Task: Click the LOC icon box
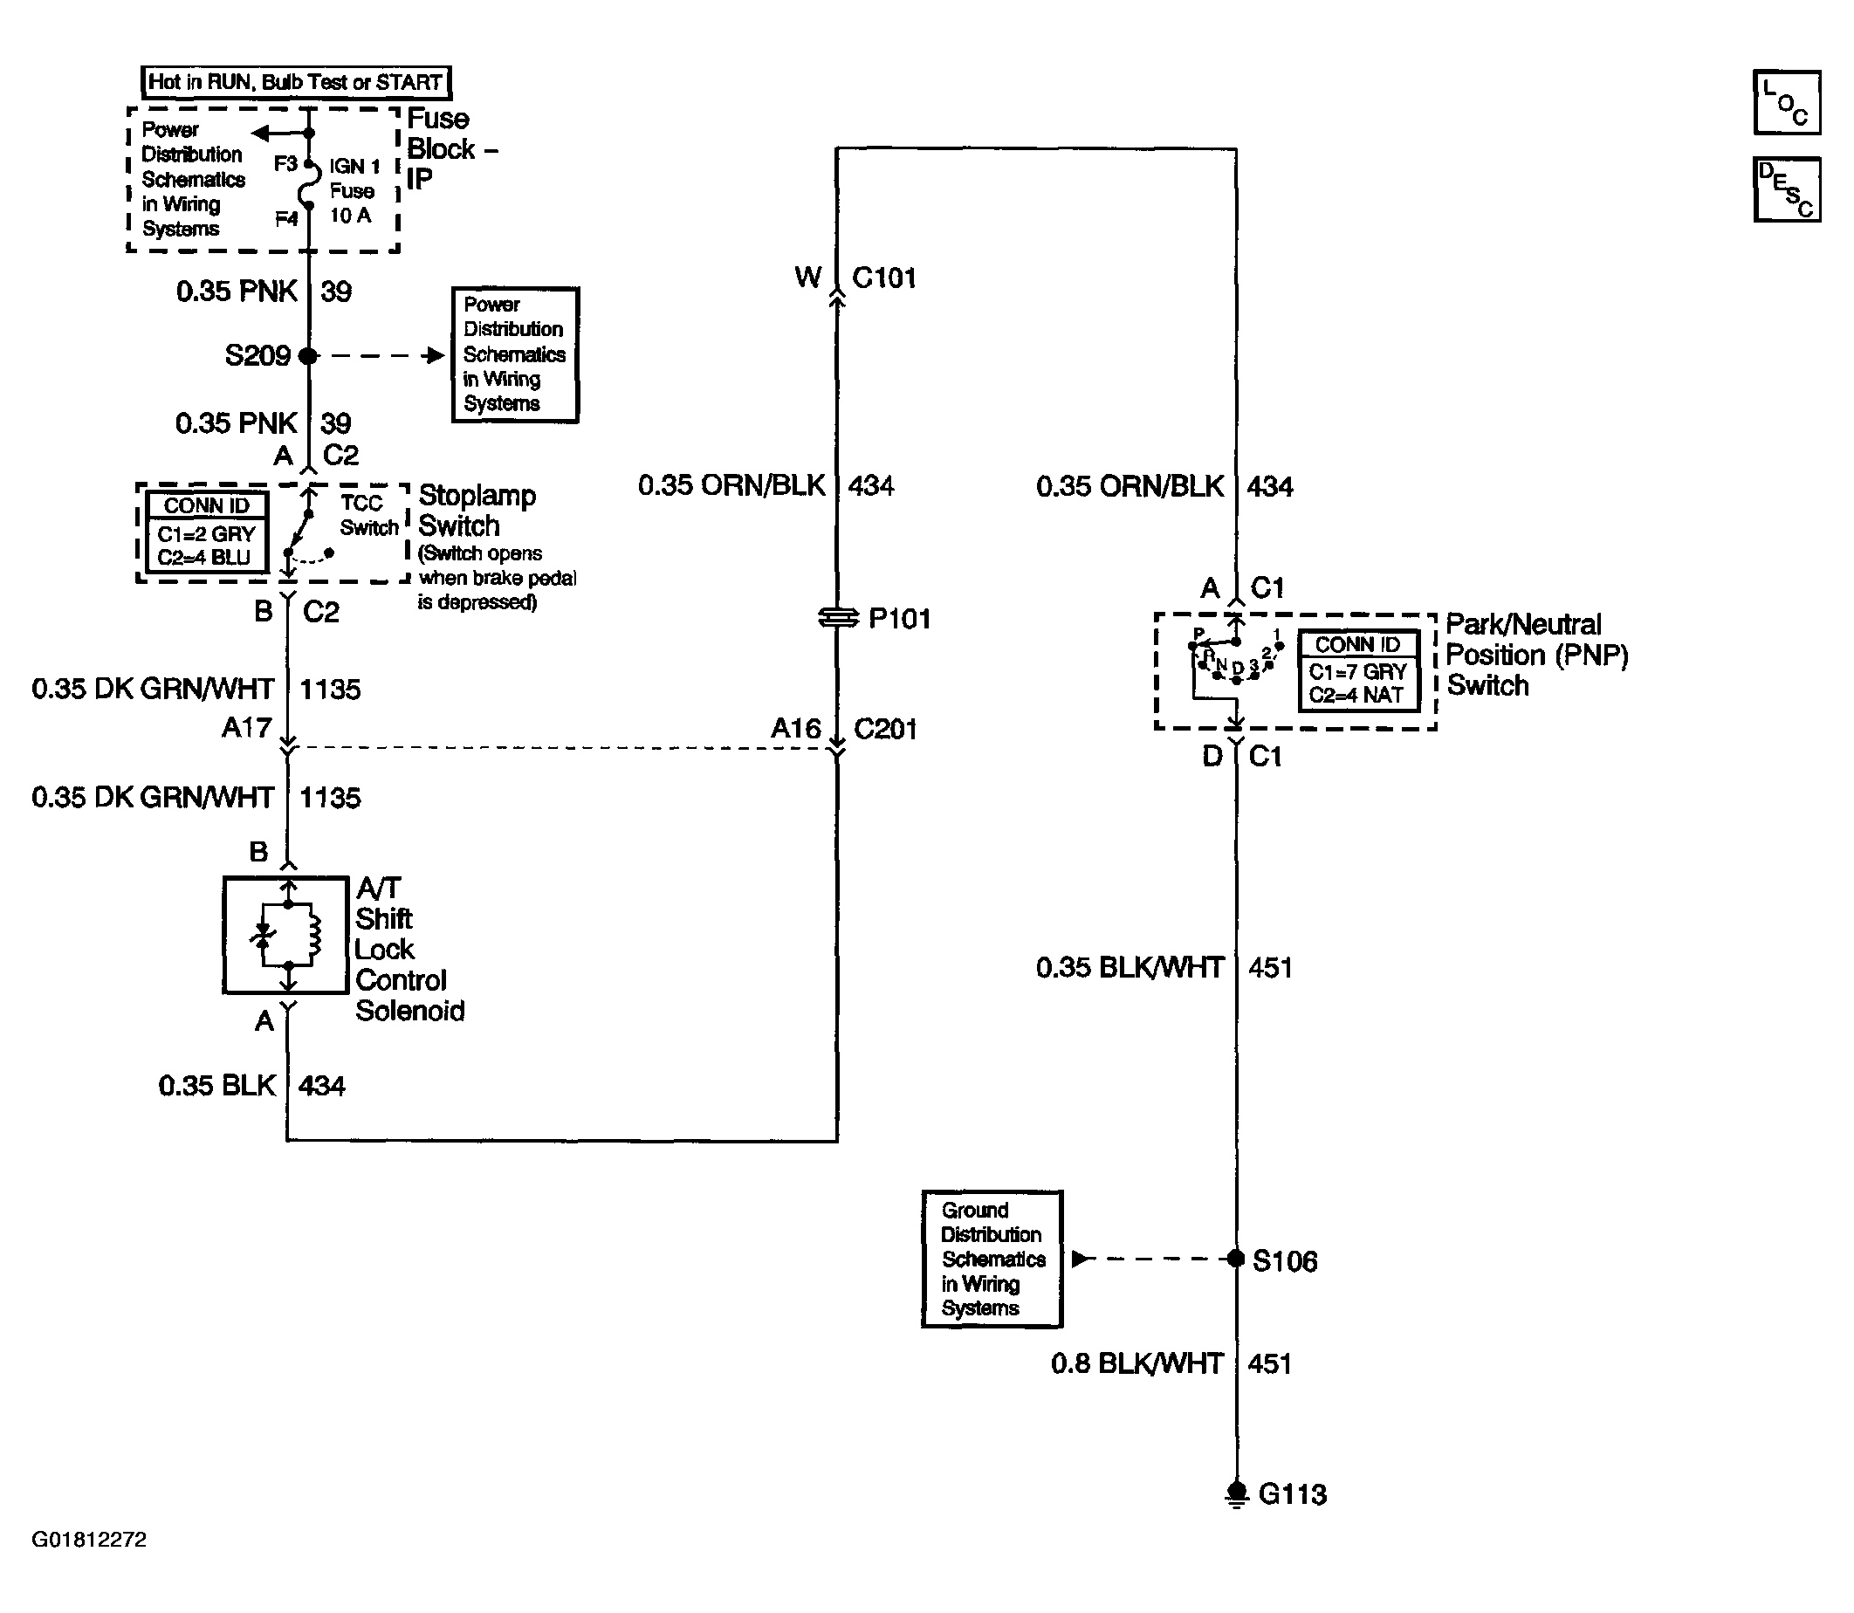pos(1786,103)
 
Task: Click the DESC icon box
pos(1786,189)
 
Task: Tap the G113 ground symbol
pos(1237,1494)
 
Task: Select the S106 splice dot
pos(1237,1259)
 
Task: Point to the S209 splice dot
pos(309,355)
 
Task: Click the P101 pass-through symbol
pos(838,618)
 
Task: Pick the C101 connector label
pos(884,278)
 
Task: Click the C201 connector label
pos(885,729)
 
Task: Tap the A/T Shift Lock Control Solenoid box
pos(285,935)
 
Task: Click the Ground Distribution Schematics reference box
pos(992,1260)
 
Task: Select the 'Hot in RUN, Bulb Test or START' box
pos(296,82)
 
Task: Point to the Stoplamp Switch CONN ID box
pos(206,532)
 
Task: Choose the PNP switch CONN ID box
pos(1358,671)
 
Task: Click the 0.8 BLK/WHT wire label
pos(1136,1362)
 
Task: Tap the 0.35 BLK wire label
pos(216,1086)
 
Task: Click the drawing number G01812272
pos(89,1539)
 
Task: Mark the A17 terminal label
pos(247,727)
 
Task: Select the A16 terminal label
pos(795,728)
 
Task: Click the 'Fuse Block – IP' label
pos(451,148)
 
